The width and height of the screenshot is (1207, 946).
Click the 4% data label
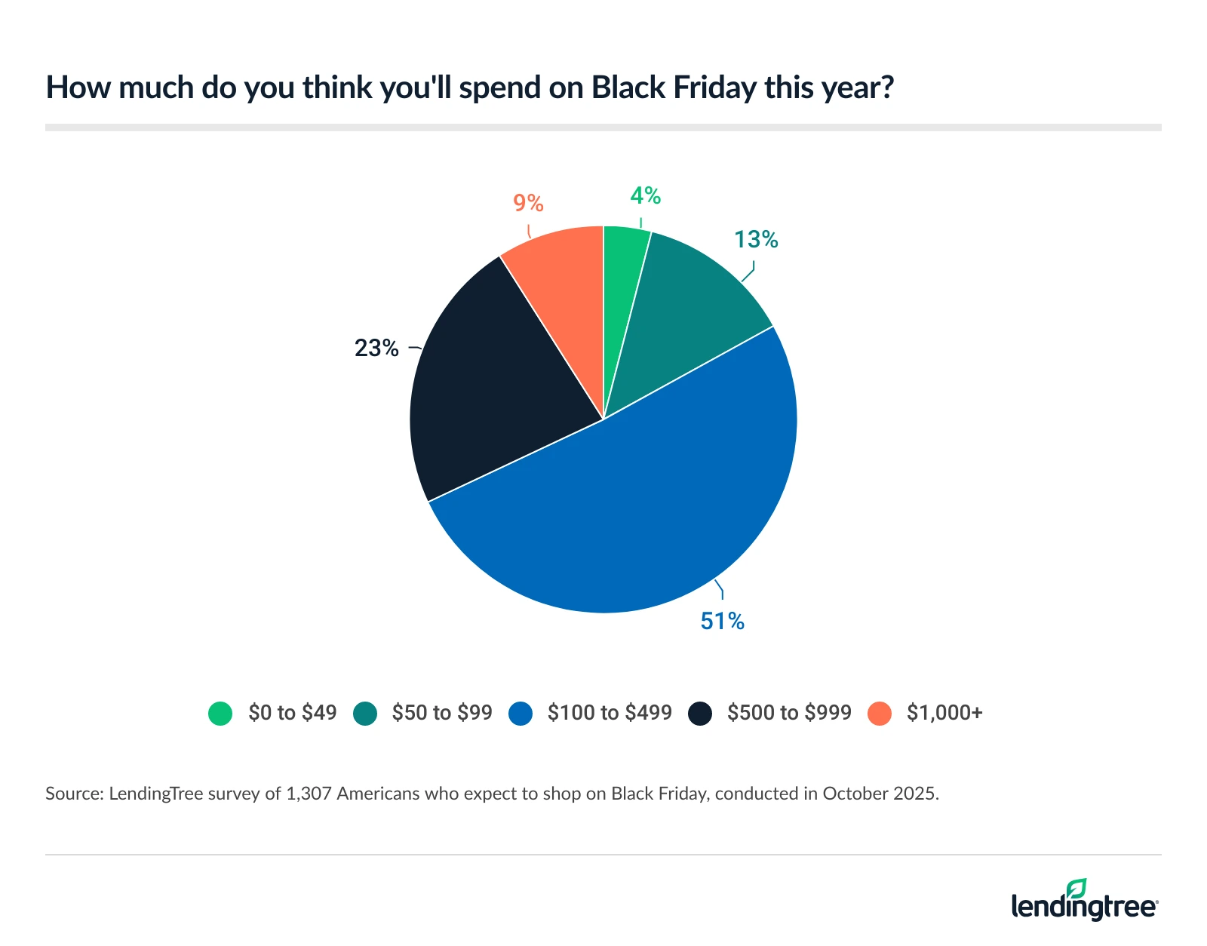click(x=646, y=196)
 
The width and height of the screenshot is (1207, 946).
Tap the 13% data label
click(x=756, y=239)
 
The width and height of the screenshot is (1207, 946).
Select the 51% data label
click(x=722, y=621)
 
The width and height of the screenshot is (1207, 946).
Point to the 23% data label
click(x=376, y=348)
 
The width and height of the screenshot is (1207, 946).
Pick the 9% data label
click(x=528, y=203)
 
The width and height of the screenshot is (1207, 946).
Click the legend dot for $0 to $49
click(x=220, y=713)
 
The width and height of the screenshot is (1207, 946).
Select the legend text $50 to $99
click(x=441, y=713)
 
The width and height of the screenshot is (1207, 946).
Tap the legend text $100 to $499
click(x=610, y=713)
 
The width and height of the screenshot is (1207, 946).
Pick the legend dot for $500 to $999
click(x=700, y=713)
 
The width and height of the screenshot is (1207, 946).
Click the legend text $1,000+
click(x=944, y=713)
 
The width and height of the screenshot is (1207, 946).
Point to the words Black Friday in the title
click(x=673, y=88)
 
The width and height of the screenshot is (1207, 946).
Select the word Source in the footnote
click(x=72, y=794)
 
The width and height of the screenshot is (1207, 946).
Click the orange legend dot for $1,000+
click(x=880, y=713)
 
